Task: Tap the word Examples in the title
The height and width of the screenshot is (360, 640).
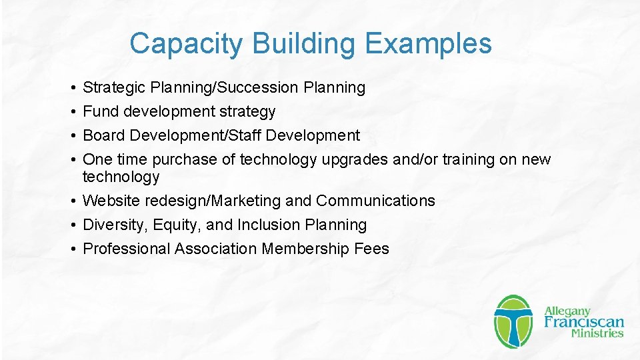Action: click(x=428, y=44)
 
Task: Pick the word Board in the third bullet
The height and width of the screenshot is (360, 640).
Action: click(x=104, y=135)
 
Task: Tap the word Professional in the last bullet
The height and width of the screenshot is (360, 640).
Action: click(x=127, y=249)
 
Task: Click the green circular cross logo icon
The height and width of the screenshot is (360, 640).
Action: click(x=513, y=321)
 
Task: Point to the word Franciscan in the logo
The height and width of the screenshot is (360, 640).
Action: click(x=584, y=322)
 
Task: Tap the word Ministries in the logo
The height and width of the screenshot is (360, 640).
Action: click(x=597, y=333)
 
